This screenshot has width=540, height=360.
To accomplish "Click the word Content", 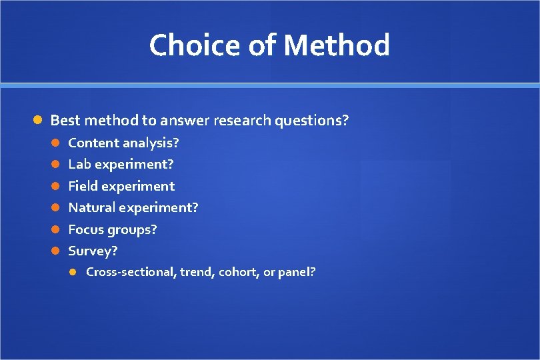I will click(93, 143).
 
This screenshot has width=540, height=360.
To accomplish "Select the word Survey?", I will click(93, 251).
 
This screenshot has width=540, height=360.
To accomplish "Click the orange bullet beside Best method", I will click(39, 121).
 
